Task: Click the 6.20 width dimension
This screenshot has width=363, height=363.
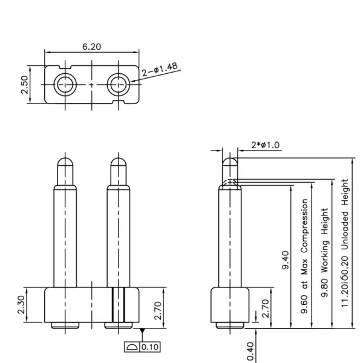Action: (x=92, y=47)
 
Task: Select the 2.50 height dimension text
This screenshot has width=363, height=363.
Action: (x=24, y=85)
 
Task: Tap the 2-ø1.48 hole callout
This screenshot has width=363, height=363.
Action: (x=160, y=69)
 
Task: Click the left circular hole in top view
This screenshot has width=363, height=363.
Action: (x=65, y=85)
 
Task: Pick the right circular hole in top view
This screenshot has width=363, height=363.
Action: (x=119, y=85)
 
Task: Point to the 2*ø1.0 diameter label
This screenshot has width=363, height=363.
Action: (x=266, y=145)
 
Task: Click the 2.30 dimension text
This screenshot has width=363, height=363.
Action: (x=21, y=305)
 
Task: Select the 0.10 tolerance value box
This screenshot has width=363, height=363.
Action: (x=150, y=347)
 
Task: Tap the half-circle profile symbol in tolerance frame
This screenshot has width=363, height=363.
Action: (x=132, y=347)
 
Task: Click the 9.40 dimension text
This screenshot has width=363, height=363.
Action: (x=286, y=260)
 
